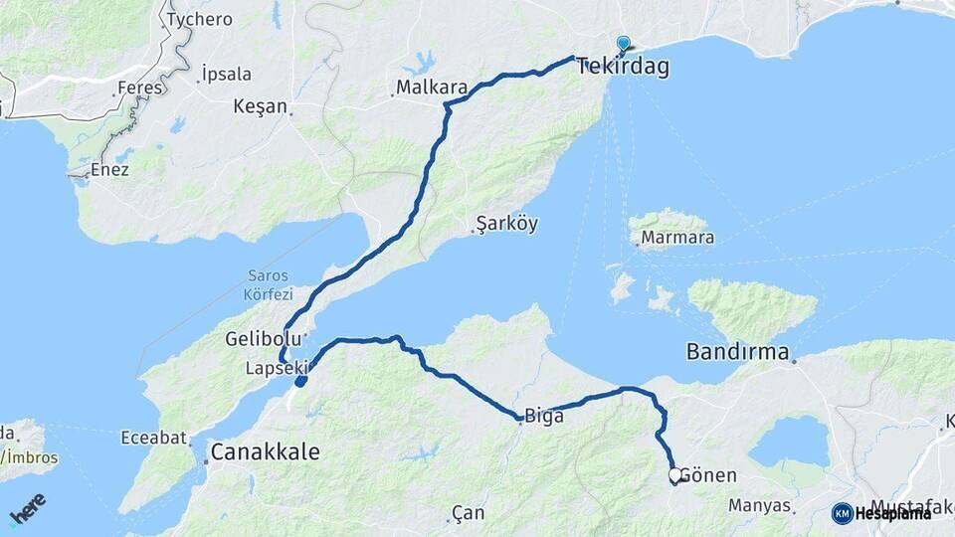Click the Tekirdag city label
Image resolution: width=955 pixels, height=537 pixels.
click(x=623, y=68)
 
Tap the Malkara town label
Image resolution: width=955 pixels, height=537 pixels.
click(x=432, y=88)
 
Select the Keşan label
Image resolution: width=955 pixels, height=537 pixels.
click(x=260, y=106)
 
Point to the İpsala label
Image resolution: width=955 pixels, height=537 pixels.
click(x=226, y=74)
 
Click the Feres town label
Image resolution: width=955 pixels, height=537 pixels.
click(x=138, y=88)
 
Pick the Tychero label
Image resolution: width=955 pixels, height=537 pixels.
click(x=200, y=19)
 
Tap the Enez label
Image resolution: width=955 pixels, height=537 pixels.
click(x=109, y=170)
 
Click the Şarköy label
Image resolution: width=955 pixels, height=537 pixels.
click(x=507, y=224)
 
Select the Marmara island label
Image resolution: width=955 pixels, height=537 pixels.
click(x=677, y=238)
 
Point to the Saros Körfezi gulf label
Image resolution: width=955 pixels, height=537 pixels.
click(x=268, y=284)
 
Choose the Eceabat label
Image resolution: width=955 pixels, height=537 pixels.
click(x=153, y=437)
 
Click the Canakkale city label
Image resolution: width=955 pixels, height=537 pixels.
click(x=265, y=452)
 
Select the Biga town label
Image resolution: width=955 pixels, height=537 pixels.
click(x=544, y=417)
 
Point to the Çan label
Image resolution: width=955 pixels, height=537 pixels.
click(x=467, y=513)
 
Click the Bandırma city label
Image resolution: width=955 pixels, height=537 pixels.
click(x=737, y=352)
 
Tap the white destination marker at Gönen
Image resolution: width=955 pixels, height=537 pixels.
click(x=675, y=475)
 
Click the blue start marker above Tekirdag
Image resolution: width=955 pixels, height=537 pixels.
click(x=624, y=44)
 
